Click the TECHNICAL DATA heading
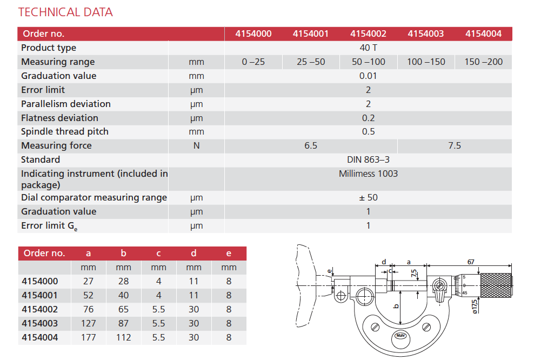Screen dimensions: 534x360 point(65,12)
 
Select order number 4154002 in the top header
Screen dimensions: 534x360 point(368,34)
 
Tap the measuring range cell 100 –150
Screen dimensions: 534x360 point(426,62)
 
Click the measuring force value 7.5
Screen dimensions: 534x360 point(455,145)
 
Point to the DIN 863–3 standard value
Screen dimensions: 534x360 point(368,159)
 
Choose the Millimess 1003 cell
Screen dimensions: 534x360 point(368,174)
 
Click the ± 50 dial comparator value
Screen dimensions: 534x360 point(368,197)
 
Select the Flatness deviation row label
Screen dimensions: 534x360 point(59,118)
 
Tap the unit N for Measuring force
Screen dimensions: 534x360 point(197,145)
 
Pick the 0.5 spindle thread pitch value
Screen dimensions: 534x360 point(368,131)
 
